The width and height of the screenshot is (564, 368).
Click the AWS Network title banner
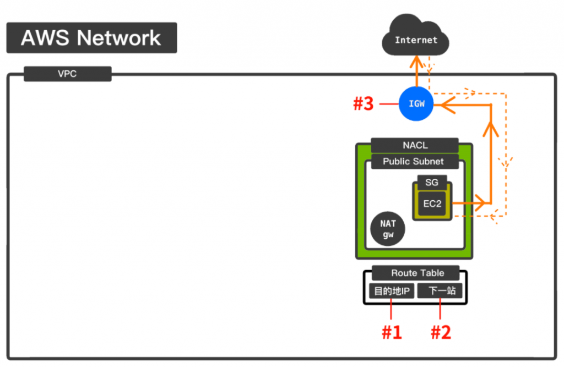[x=91, y=38]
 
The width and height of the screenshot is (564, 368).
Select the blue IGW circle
[x=416, y=103]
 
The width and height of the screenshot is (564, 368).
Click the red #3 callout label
[x=363, y=104]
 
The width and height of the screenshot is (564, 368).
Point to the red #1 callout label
[x=392, y=332]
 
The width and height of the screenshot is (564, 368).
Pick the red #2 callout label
[x=440, y=332]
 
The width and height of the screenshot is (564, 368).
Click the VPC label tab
[x=68, y=74]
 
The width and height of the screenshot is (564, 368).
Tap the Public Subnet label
[x=413, y=162]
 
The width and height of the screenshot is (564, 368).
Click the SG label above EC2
[x=432, y=183]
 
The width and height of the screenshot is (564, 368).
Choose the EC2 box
[x=432, y=204]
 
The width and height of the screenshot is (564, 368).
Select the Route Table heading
[x=417, y=273]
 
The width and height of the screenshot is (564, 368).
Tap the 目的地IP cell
[x=391, y=291]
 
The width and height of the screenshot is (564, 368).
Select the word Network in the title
[x=119, y=38]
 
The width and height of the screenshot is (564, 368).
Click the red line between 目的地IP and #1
[x=392, y=309]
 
